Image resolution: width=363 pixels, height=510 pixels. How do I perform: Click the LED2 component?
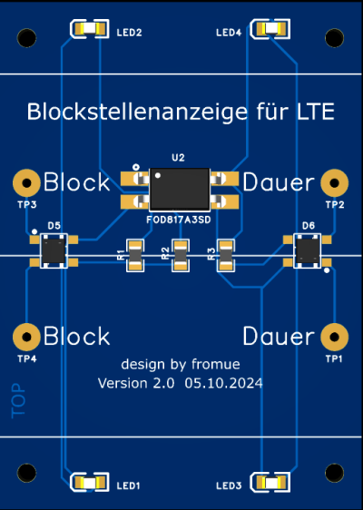click(90, 29)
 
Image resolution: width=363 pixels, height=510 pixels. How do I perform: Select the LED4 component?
click(270, 29)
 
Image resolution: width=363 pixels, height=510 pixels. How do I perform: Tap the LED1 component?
click(90, 482)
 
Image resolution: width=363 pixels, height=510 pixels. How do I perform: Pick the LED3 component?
click(270, 482)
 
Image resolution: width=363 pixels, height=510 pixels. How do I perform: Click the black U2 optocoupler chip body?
click(180, 189)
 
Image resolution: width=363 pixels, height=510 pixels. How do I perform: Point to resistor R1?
click(135, 255)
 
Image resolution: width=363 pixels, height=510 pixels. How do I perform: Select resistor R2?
click(181, 255)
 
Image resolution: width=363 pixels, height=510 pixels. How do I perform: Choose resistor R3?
click(226, 255)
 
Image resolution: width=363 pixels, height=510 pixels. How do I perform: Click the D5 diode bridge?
click(54, 250)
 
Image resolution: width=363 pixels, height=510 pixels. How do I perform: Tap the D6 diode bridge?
click(308, 250)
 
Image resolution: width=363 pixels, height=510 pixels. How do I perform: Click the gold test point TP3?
click(26, 182)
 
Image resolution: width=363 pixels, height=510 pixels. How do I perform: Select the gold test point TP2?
click(334, 182)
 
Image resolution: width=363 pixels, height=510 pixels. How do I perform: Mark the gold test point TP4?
click(26, 337)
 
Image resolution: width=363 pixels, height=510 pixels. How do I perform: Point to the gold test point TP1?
click(334, 337)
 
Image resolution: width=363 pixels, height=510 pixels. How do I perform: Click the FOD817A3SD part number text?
click(179, 220)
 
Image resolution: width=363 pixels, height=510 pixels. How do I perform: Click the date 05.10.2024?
click(223, 383)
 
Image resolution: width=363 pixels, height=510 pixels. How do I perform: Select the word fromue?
click(216, 364)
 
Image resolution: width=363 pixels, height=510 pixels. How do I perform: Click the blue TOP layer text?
click(18, 401)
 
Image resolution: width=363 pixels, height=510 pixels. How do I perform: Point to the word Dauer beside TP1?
click(279, 337)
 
